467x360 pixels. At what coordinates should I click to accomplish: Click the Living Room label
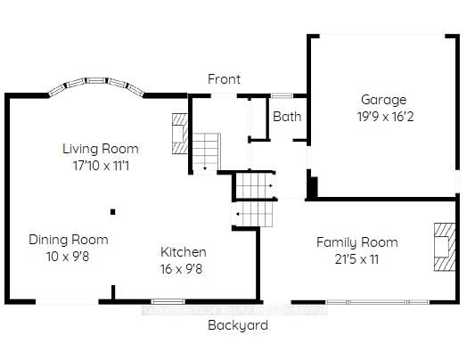click(98, 148)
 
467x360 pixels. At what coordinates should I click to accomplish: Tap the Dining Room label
click(69, 240)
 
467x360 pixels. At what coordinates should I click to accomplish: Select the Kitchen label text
click(184, 252)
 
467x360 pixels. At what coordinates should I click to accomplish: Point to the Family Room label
click(356, 242)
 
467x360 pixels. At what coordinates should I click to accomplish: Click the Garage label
click(383, 100)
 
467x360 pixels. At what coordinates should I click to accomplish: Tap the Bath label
click(287, 117)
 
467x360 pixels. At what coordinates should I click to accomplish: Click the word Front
click(224, 79)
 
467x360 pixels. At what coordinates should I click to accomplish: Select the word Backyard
click(238, 325)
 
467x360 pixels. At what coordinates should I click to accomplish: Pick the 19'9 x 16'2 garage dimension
click(383, 115)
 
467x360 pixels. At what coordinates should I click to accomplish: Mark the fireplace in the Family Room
click(442, 244)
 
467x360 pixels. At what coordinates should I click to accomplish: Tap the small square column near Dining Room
click(113, 211)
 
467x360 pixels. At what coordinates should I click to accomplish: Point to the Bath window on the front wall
click(283, 94)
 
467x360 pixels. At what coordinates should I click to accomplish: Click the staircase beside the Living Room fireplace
click(206, 151)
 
